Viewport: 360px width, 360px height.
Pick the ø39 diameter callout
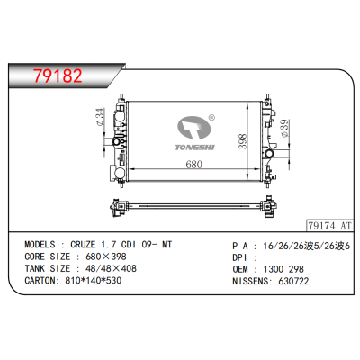point(285,133)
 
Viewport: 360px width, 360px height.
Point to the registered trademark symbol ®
point(211,117)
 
